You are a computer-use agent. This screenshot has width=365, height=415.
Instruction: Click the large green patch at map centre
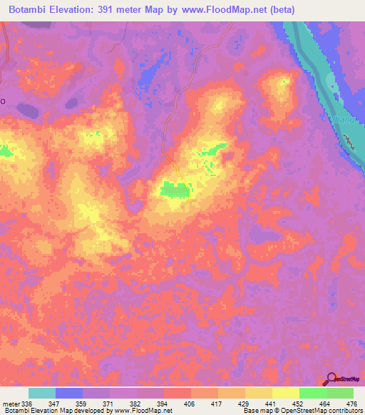point(175,188)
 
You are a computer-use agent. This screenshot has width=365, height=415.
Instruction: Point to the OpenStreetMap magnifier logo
point(331,379)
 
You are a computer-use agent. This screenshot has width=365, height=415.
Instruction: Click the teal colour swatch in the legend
point(42,393)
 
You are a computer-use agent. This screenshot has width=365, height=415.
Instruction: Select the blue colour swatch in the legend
point(69,393)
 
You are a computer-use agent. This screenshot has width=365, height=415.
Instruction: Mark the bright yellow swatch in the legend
point(286,393)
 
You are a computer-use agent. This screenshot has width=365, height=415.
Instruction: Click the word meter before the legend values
point(11,403)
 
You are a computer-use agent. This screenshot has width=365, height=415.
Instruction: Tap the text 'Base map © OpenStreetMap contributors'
point(302,411)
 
